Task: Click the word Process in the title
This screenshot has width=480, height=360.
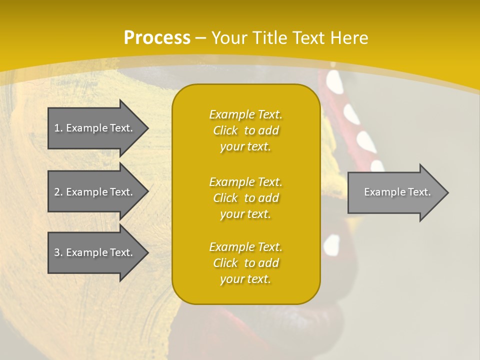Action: coord(157,37)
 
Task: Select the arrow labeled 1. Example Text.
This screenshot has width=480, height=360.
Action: coord(95,128)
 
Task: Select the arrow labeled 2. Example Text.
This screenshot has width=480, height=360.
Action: coord(95,192)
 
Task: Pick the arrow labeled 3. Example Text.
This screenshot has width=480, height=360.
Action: coord(95,252)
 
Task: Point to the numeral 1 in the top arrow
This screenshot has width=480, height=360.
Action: coord(57,128)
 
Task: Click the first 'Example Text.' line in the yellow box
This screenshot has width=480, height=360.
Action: coord(245,114)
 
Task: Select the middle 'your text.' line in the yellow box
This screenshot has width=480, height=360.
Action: coord(245,214)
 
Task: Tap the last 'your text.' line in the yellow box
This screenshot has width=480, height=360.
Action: coord(245,279)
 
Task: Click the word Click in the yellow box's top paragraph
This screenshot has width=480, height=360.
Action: coord(225,130)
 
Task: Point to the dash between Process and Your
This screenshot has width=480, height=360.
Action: coord(201,38)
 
